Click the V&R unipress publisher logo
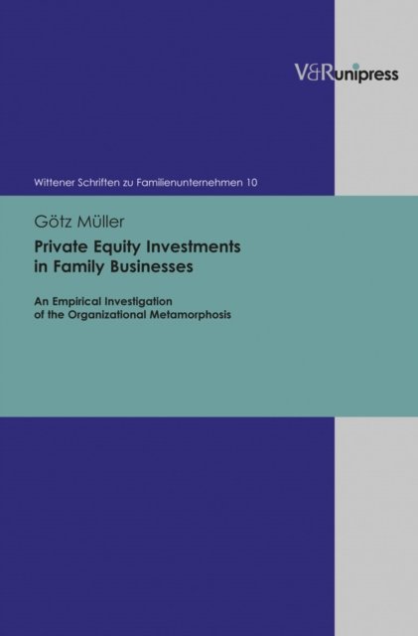pyautogui.click(x=347, y=74)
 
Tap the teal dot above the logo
pyautogui.click(x=356, y=66)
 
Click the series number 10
pyautogui.click(x=252, y=183)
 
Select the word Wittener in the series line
pyautogui.click(x=52, y=183)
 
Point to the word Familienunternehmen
pyautogui.click(x=190, y=183)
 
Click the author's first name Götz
pyautogui.click(x=51, y=222)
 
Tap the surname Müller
pyautogui.click(x=98, y=222)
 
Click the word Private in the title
pyautogui.click(x=56, y=246)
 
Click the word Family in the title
pyautogui.click(x=76, y=268)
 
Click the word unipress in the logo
pyautogui.click(x=366, y=76)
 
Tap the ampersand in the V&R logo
pyautogui.click(x=314, y=74)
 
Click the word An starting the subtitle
pyautogui.click(x=40, y=302)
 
